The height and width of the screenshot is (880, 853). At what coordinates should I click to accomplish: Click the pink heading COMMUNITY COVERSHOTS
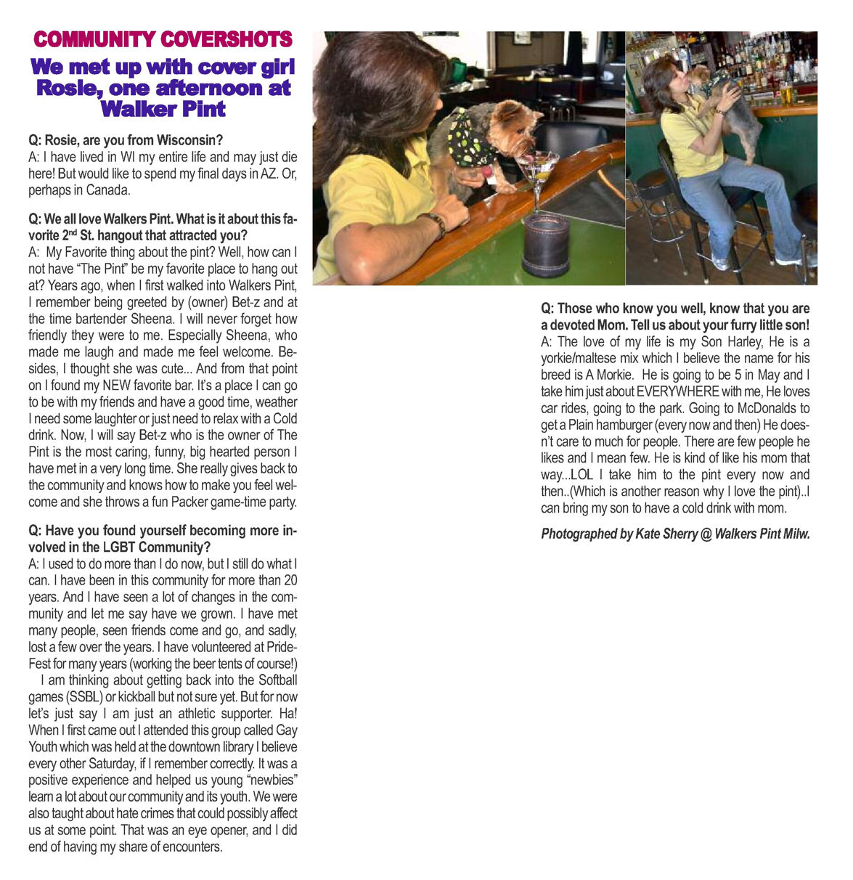pos(163,39)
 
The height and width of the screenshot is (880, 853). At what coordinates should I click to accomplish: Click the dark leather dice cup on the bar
pos(546,243)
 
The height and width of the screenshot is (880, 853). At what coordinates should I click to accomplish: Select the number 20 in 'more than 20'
pos(290,581)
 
